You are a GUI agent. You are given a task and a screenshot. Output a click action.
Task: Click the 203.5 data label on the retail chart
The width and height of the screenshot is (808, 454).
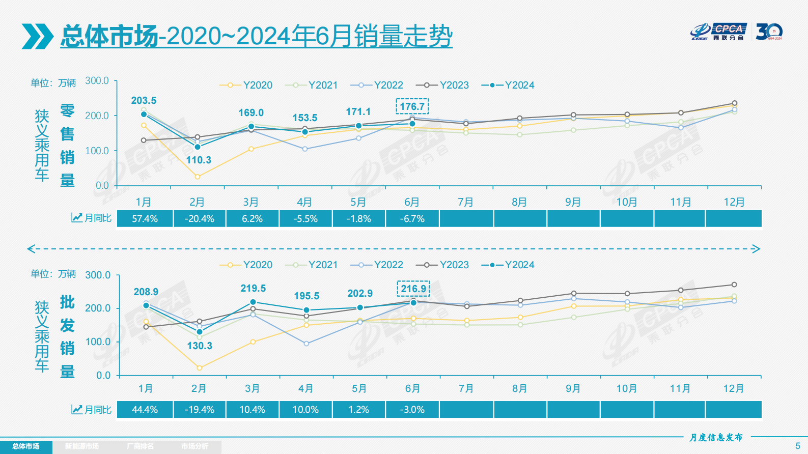coord(144,100)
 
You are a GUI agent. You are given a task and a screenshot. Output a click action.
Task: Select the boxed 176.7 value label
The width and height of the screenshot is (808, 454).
coord(412,106)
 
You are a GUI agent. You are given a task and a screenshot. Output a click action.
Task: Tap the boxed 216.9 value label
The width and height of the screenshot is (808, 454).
coord(413,289)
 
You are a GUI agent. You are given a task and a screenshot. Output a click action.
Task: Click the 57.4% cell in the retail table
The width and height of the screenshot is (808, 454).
coord(145,219)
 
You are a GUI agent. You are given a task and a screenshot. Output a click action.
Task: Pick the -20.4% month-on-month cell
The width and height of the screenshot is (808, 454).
coord(200,219)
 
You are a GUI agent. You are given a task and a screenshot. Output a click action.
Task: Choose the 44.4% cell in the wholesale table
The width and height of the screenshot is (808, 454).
coord(145,410)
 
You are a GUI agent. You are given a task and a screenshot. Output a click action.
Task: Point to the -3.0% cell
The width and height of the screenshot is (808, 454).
coord(412,410)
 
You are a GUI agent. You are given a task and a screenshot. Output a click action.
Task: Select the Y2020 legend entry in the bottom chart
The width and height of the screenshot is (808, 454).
coord(246,265)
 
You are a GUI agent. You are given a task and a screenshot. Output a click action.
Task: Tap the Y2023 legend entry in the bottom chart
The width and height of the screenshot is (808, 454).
coord(442,265)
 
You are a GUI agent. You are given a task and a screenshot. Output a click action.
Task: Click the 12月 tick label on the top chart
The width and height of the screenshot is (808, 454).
coord(734,202)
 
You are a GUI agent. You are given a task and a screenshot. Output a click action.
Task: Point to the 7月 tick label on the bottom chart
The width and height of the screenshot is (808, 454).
coord(466,388)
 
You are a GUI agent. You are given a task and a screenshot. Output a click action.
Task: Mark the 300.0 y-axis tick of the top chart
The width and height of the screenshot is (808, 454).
coord(97,80)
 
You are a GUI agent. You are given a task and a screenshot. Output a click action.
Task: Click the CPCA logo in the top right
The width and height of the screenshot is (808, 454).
coord(718,32)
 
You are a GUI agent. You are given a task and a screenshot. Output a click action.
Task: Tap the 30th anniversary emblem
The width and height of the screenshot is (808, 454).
coord(768,32)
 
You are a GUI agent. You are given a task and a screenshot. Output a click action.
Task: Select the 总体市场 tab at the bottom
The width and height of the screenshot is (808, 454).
coord(25,446)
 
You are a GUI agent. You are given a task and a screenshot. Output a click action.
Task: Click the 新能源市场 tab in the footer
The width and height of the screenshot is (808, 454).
coord(81,446)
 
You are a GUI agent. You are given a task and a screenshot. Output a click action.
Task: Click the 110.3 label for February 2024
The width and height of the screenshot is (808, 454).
coord(198,160)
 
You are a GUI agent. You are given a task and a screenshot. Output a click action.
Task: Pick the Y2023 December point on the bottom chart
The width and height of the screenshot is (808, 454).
coord(734,285)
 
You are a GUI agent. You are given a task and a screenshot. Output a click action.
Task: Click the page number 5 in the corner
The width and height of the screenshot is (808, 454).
coord(797,446)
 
